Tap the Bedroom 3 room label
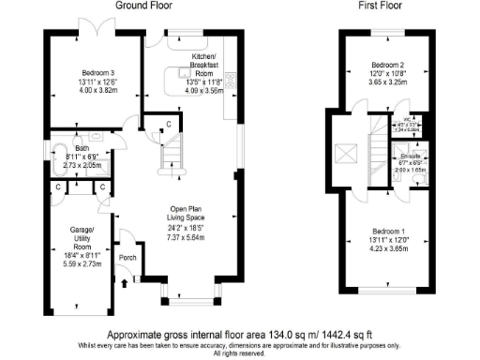[97, 73]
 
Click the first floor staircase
[378, 150]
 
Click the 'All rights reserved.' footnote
[241, 353]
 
